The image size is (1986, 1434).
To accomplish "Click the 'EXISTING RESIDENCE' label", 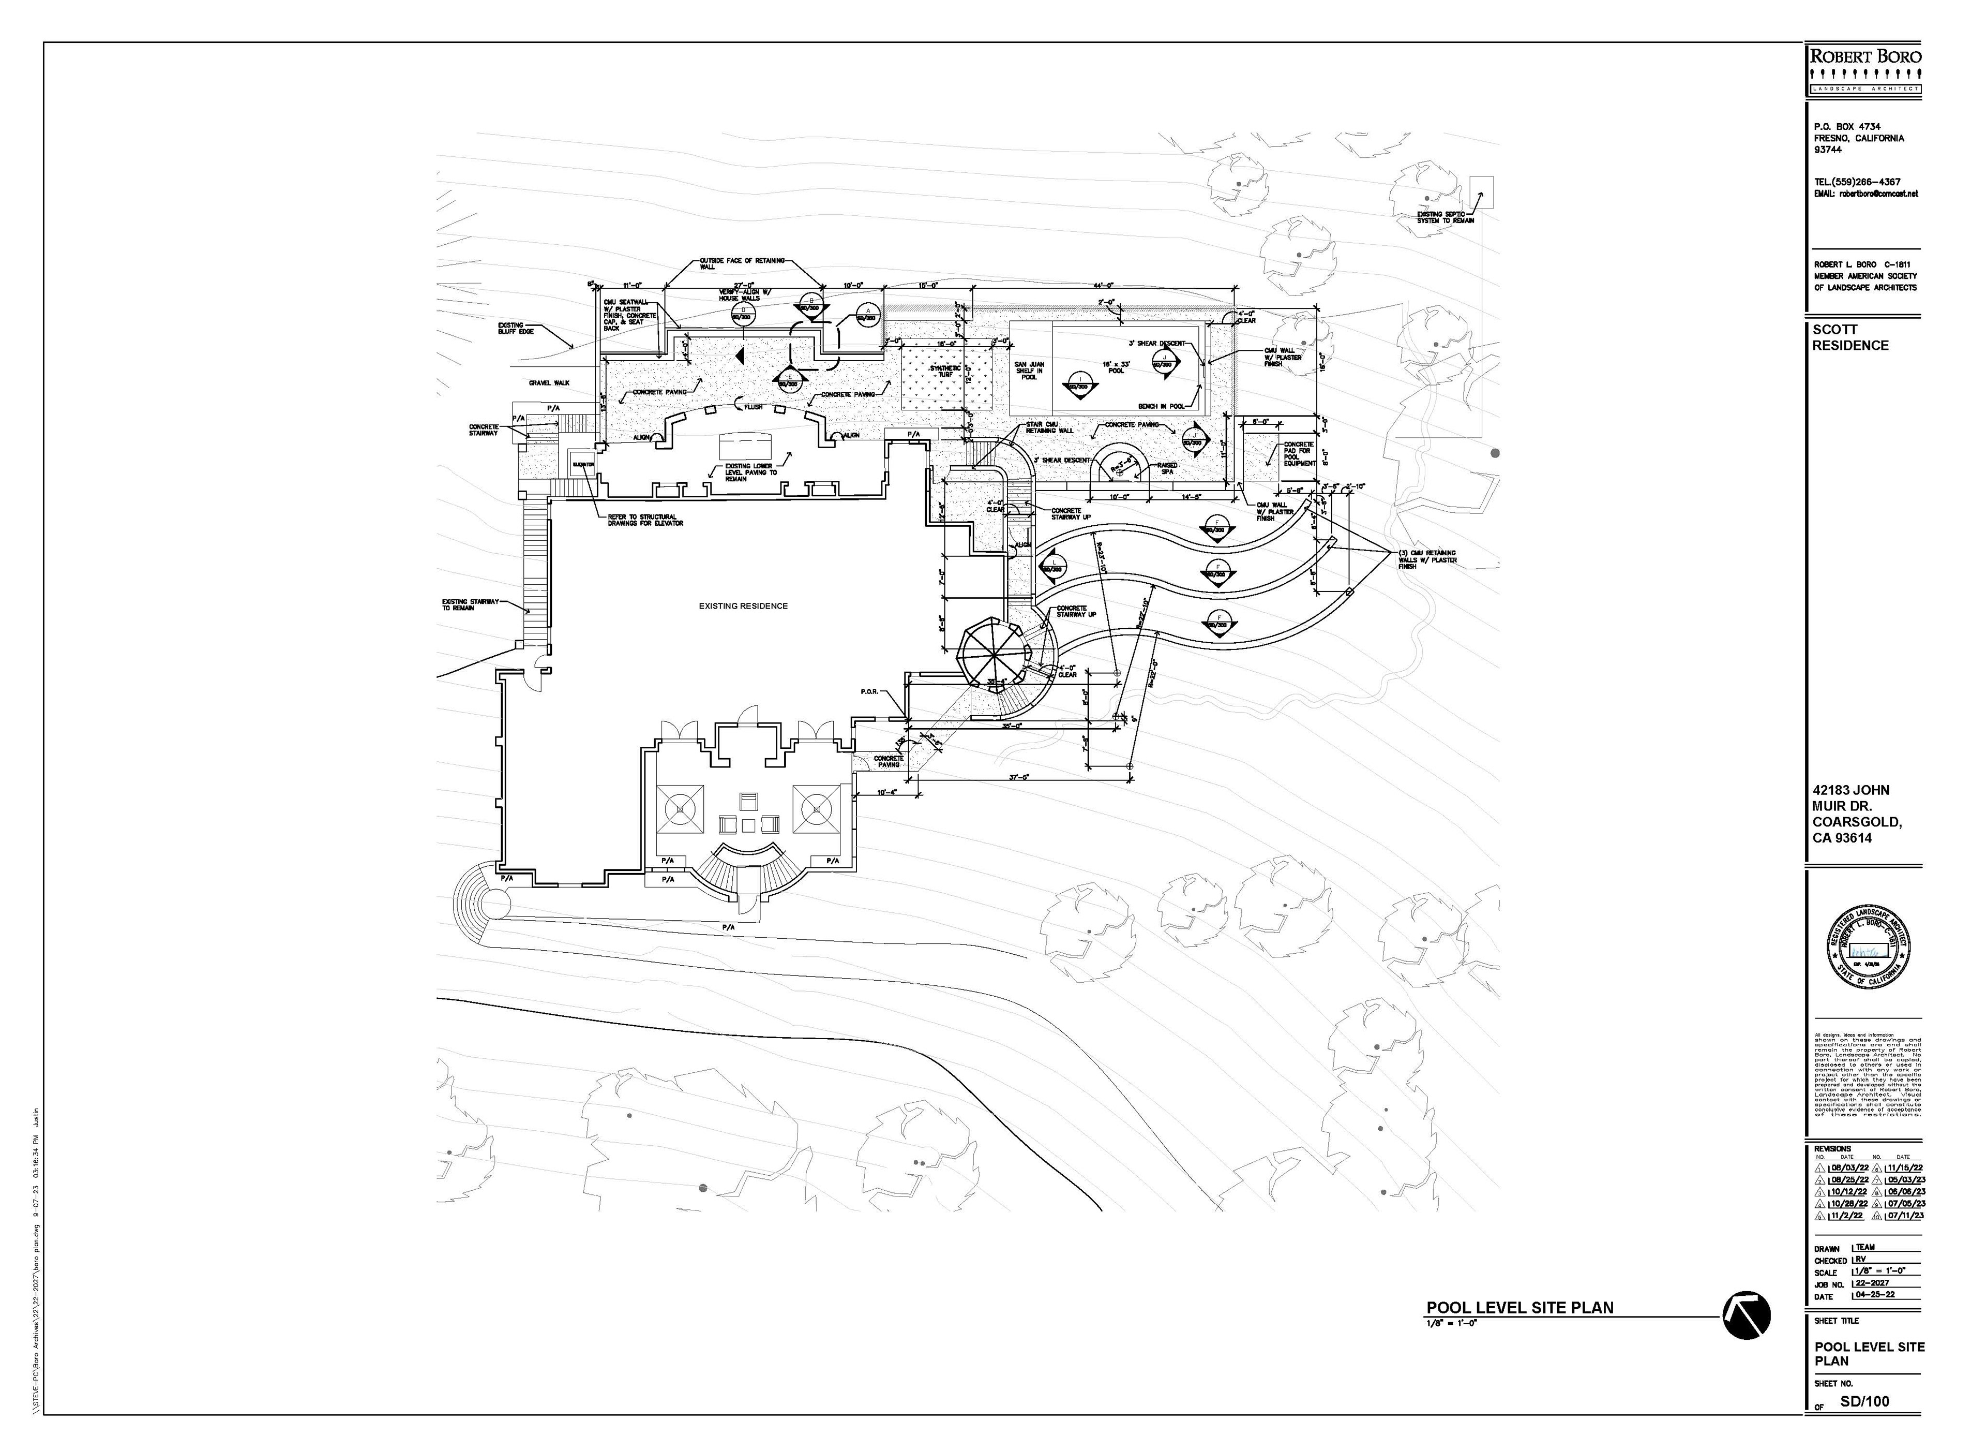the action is click(x=743, y=606).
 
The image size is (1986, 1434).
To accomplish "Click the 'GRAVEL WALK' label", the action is click(x=549, y=383).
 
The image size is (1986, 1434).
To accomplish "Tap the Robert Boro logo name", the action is click(x=1865, y=57).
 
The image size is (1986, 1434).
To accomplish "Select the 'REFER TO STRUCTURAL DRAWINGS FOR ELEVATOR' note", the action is click(x=645, y=520).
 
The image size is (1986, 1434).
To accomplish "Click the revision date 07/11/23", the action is click(x=1899, y=1216).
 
